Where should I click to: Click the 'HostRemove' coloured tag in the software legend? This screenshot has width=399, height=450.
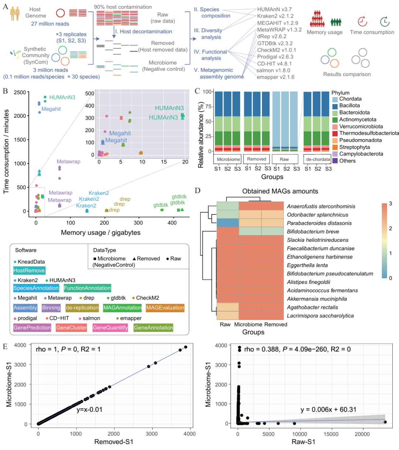tap(29, 271)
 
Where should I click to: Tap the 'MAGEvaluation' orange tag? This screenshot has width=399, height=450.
tap(165, 308)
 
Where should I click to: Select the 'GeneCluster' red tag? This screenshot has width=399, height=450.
tap(71, 328)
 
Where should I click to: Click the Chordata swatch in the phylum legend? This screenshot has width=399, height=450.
tap(335, 99)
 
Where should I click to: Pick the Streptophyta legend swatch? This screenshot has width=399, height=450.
tap(335, 147)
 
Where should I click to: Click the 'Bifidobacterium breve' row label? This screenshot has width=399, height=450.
tap(313, 232)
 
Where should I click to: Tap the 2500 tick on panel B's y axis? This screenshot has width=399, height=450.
tap(20, 92)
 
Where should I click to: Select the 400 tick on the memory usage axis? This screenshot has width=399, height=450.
tap(172, 223)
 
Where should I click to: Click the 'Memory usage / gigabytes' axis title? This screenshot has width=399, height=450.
tap(100, 233)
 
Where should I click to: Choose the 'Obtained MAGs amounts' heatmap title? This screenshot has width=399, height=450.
tap(280, 191)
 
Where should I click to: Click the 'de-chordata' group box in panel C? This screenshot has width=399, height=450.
tap(318, 159)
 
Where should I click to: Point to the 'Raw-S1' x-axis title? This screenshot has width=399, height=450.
tap(303, 442)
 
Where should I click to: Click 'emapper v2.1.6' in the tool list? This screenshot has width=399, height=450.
tap(276, 77)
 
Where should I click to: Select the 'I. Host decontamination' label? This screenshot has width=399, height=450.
tap(143, 32)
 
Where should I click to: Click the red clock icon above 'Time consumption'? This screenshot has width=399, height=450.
tap(362, 21)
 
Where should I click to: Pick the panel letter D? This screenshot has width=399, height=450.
tap(198, 190)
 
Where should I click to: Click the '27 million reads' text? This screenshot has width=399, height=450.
tap(50, 24)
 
